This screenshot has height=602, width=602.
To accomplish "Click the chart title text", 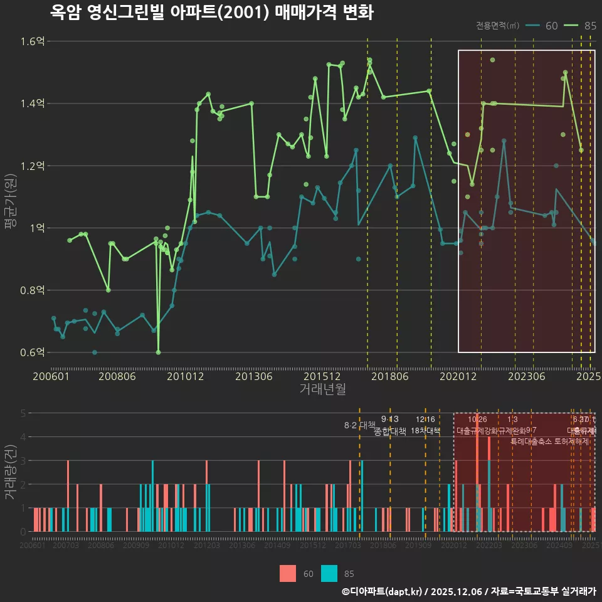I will coord(211,13).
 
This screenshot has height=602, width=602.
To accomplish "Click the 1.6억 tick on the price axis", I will coord(33,41).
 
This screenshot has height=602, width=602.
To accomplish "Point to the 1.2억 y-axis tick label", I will coord(33,166).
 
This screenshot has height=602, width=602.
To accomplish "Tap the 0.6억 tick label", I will coord(33,352).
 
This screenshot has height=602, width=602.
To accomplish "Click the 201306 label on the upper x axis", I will coord(253,376).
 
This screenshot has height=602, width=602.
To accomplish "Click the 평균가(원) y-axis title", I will coord(11,196).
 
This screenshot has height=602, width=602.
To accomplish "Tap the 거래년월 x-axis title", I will coord(322,389).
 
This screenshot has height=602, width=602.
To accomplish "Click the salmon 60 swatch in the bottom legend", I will coord(287,573).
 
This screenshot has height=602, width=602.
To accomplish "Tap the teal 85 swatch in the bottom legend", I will coord(329,573).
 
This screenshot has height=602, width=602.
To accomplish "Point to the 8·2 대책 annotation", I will coord(359,425).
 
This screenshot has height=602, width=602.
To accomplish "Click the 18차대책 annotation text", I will coord(425,431).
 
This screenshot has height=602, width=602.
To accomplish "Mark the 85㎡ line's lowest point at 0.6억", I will coord(158,352).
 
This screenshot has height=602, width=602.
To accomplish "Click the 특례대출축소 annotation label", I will coord(531,441).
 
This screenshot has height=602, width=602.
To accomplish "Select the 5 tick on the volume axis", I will coord(23,413).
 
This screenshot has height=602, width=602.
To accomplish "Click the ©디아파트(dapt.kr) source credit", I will coord(383,591).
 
